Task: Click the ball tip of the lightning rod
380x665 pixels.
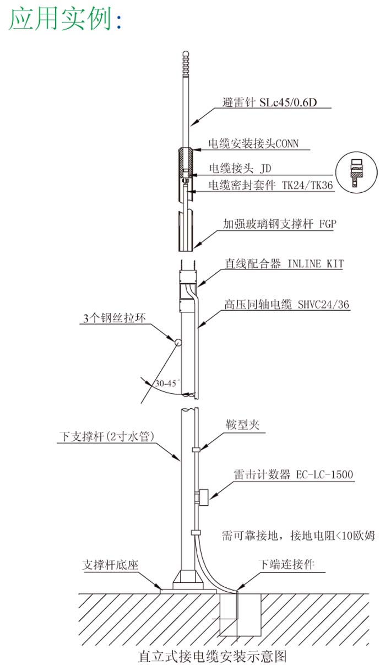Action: click(x=186, y=54)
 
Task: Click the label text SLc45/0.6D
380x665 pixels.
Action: click(x=288, y=102)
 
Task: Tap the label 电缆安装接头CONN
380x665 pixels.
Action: click(x=253, y=143)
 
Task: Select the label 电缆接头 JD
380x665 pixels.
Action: click(x=240, y=168)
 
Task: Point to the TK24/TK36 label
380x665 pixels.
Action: click(x=307, y=185)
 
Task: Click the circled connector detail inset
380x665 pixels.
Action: click(x=356, y=172)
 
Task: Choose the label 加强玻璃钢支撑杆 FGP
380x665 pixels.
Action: click(x=279, y=224)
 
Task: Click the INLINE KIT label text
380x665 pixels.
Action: click(x=316, y=263)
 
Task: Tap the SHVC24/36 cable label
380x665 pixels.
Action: click(x=323, y=304)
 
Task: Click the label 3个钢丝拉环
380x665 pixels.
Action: click(x=115, y=318)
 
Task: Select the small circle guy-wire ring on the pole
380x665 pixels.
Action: click(x=178, y=342)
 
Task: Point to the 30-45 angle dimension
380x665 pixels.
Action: click(x=166, y=383)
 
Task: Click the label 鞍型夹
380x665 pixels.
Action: click(x=243, y=424)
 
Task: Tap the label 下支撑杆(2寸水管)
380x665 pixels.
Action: click(x=107, y=436)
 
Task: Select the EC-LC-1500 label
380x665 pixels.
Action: click(x=324, y=474)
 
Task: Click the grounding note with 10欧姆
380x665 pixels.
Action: click(x=298, y=536)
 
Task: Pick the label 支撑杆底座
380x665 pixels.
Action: click(x=110, y=564)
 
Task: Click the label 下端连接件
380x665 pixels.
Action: click(x=286, y=564)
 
